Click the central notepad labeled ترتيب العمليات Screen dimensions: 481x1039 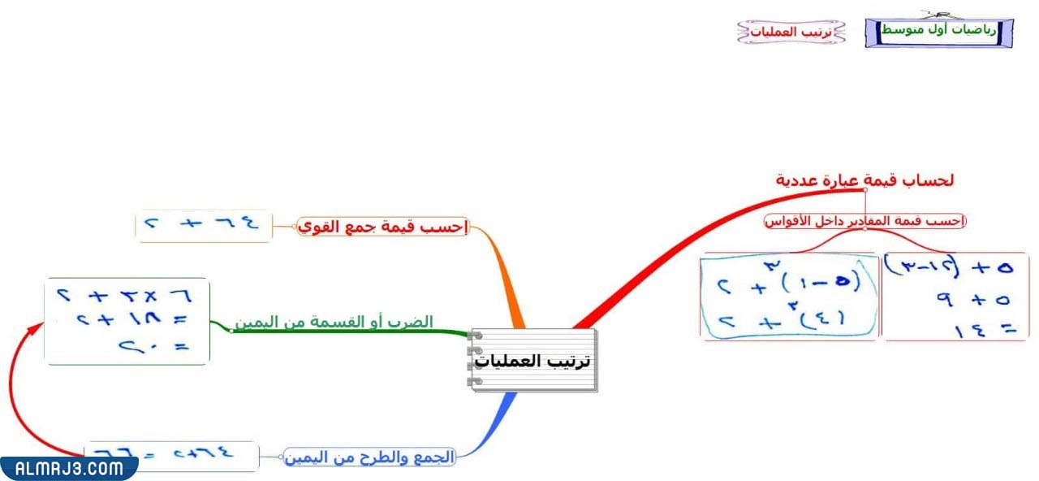click(x=533, y=360)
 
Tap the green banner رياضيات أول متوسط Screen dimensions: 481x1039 click(x=938, y=31)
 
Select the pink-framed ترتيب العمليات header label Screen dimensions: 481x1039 click(x=791, y=32)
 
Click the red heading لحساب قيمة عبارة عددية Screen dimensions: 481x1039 click(x=864, y=180)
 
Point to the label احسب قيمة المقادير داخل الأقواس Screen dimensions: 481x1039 click(x=865, y=221)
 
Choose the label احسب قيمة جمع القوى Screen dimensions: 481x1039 click(x=383, y=227)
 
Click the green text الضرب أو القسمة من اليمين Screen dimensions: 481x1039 click(x=334, y=323)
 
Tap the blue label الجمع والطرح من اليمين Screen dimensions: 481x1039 click(x=369, y=457)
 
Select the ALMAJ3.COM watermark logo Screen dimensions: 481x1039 click(x=68, y=468)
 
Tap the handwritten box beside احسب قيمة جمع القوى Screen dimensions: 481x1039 click(x=203, y=225)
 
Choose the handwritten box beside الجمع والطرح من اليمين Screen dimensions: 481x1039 click(x=171, y=456)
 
